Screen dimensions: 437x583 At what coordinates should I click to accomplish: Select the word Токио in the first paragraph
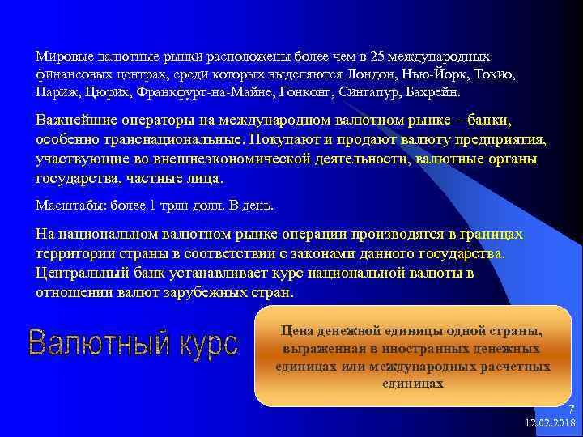click(493, 74)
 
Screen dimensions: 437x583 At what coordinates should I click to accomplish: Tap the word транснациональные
click(170, 140)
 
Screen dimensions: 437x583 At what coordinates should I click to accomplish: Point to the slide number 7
click(571, 410)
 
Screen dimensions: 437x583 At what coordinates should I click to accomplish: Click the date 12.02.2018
click(550, 423)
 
